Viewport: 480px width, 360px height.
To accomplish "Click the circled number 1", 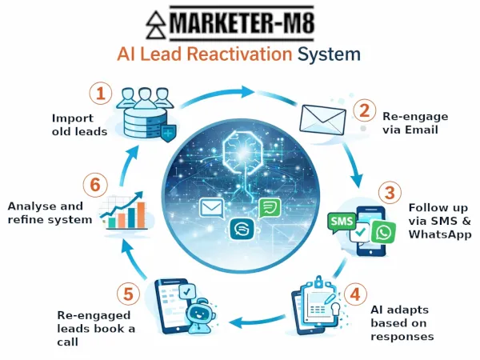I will (100, 94).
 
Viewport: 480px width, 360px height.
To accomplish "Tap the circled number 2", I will (364, 110).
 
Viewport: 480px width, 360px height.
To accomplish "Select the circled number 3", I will (390, 193).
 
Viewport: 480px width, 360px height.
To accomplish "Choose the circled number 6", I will (95, 186).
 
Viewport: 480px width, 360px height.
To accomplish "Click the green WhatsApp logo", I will (384, 232).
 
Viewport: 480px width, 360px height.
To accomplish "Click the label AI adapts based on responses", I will (402, 322).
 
